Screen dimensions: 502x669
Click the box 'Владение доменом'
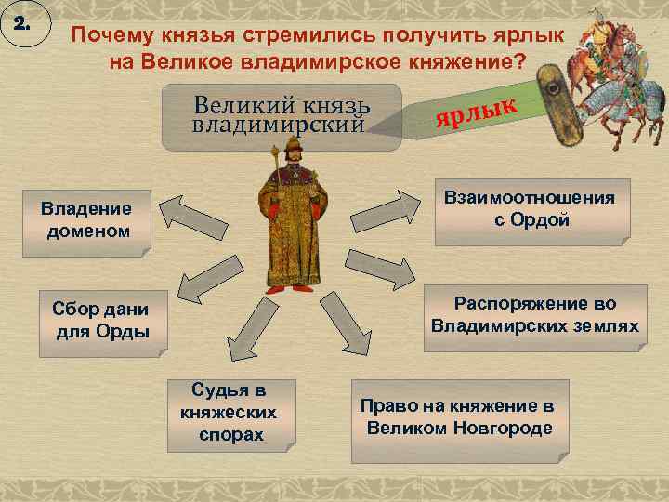tap(85, 219)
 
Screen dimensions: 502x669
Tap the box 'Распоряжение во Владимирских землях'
tap(534, 315)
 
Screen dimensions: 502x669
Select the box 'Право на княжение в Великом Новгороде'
tap(459, 419)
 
